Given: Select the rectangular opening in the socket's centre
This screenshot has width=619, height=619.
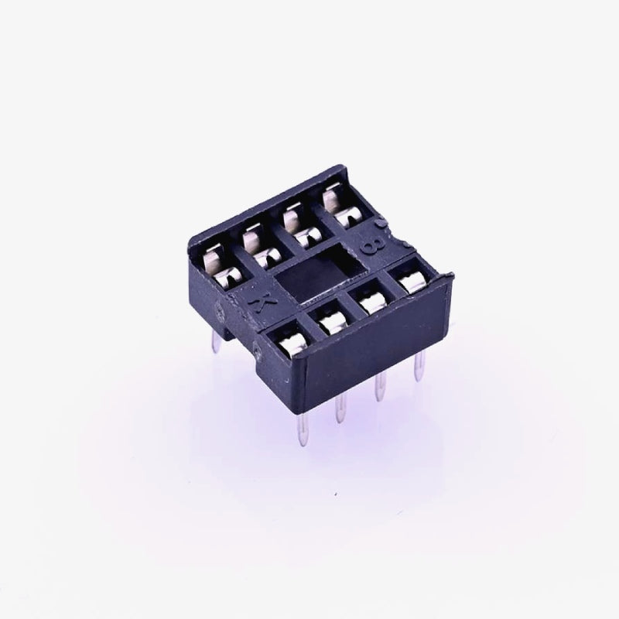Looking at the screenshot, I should (309, 274).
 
